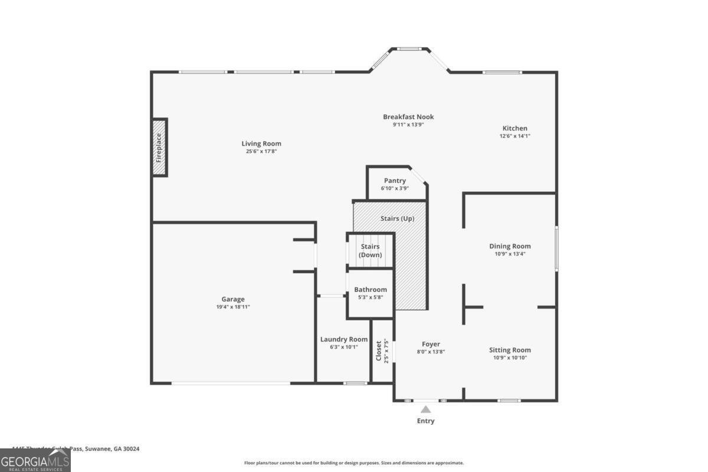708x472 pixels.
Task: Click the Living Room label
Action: pyautogui.click(x=261, y=143)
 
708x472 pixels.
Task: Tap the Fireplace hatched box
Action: pyautogui.click(x=159, y=147)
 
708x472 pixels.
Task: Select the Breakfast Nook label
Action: pyautogui.click(x=408, y=117)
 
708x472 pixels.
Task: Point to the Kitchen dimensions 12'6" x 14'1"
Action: pyautogui.click(x=514, y=136)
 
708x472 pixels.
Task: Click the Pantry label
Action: pyautogui.click(x=395, y=181)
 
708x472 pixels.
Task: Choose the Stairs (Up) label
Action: pyautogui.click(x=397, y=218)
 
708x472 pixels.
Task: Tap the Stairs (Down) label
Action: pyautogui.click(x=370, y=251)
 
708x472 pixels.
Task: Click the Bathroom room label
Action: pyautogui.click(x=371, y=289)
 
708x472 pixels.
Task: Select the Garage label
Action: pyautogui.click(x=232, y=299)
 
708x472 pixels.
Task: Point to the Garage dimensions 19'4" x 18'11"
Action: pyautogui.click(x=232, y=307)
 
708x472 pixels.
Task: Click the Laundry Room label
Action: pyautogui.click(x=343, y=339)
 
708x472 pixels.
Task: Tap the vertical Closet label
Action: pyautogui.click(x=379, y=351)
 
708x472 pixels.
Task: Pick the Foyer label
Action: pyautogui.click(x=431, y=344)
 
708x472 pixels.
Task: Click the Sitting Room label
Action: pyautogui.click(x=510, y=350)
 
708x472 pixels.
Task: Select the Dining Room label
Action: pyautogui.click(x=510, y=246)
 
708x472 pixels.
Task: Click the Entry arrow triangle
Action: pyautogui.click(x=425, y=409)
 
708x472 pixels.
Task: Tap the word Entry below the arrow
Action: pyautogui.click(x=425, y=421)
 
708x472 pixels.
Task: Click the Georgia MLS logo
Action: pyautogui.click(x=35, y=460)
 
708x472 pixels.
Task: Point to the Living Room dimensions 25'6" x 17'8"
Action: pyautogui.click(x=261, y=152)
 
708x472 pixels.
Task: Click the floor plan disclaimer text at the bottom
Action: pyautogui.click(x=354, y=463)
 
